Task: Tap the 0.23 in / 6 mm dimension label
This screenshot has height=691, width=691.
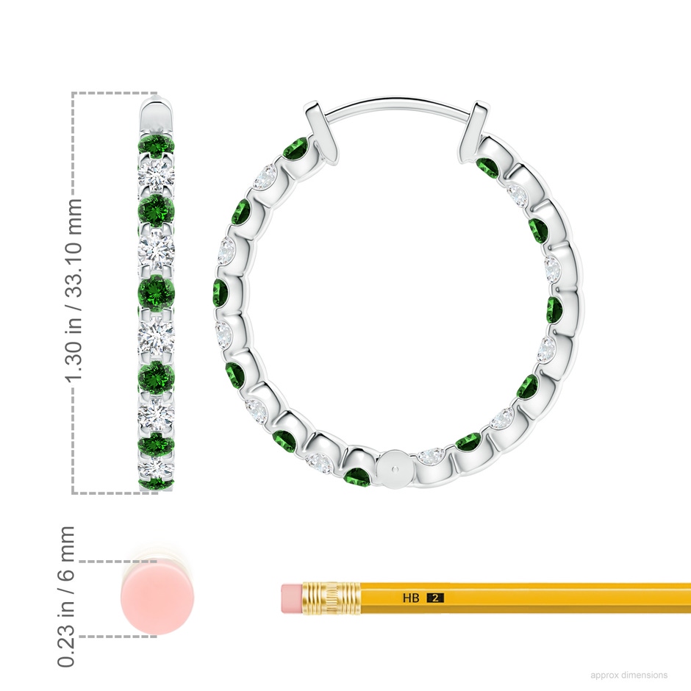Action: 66,596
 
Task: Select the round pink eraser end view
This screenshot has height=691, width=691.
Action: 157,598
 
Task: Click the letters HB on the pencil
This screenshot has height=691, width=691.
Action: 410,598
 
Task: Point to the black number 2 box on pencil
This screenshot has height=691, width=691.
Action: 435,598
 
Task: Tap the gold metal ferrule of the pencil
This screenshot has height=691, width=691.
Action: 331,598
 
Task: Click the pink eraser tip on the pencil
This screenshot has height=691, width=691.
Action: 291,598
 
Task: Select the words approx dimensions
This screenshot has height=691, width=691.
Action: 629,675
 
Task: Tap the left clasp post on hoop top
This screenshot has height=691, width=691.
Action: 323,132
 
